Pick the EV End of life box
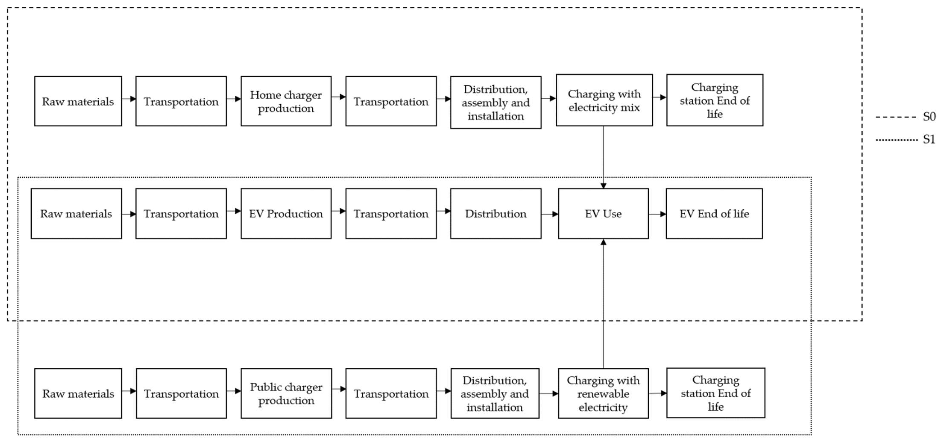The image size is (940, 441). (x=714, y=213)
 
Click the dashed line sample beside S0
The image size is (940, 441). (x=896, y=117)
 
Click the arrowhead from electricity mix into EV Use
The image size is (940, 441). (x=603, y=186)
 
